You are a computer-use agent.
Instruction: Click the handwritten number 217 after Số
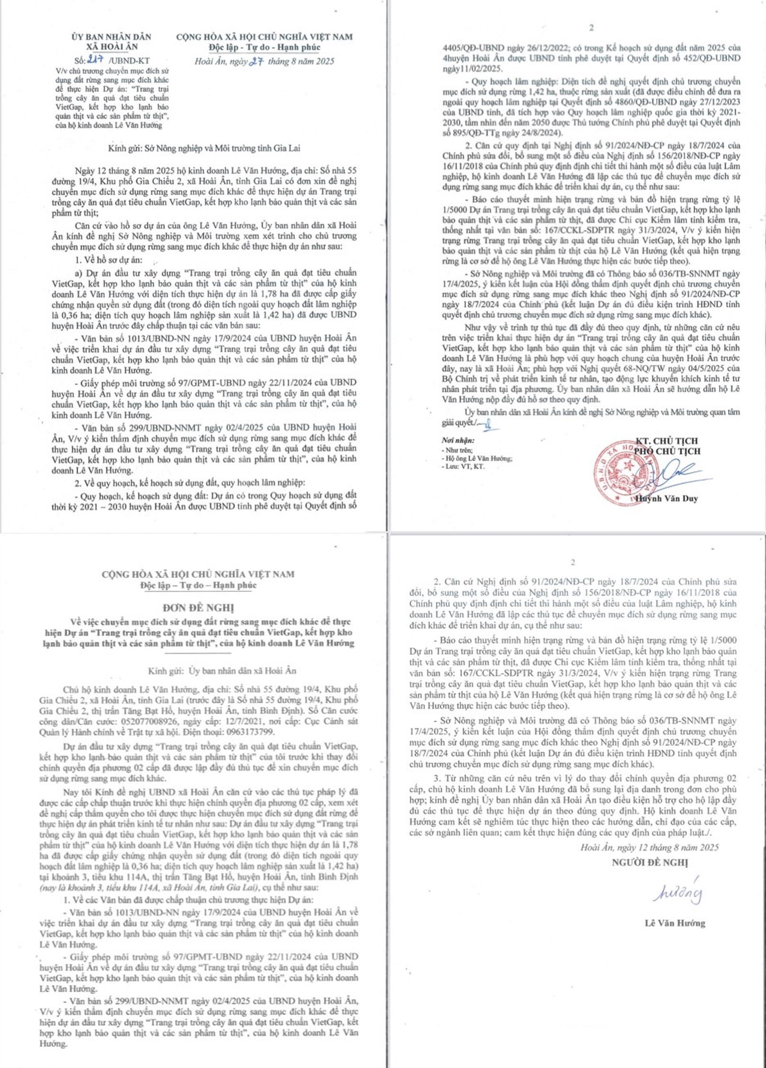pyautogui.click(x=98, y=61)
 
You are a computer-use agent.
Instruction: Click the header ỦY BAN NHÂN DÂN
pyautogui.click(x=112, y=37)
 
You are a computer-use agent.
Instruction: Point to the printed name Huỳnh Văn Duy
pyautogui.click(x=666, y=498)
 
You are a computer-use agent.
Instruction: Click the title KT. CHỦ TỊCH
pyautogui.click(x=666, y=440)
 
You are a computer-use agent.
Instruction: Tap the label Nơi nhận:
pyautogui.click(x=458, y=440)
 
